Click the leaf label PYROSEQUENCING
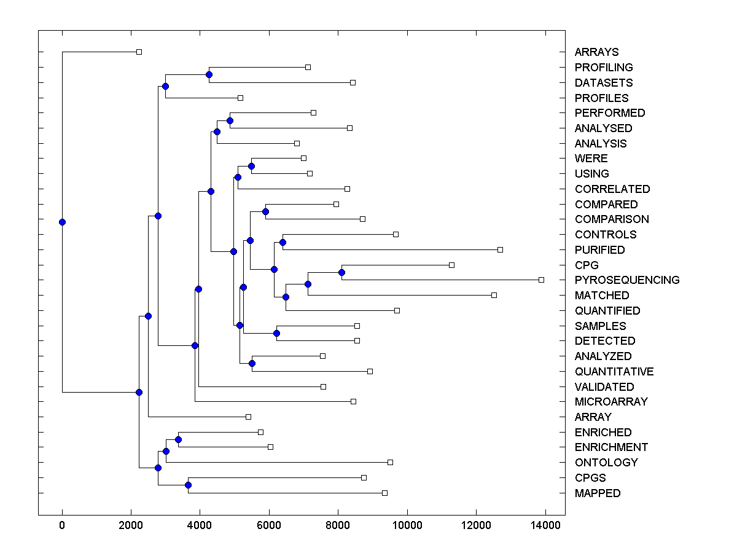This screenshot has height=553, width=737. click(x=626, y=280)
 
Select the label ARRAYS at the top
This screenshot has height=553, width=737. click(x=596, y=52)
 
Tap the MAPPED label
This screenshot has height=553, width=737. click(x=597, y=493)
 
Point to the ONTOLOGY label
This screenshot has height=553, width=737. click(x=606, y=463)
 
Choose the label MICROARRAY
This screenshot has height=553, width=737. click(x=610, y=402)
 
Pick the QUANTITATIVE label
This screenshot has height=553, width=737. click(x=614, y=372)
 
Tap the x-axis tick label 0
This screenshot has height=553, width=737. click(x=62, y=525)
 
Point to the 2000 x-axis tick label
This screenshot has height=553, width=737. click(x=131, y=525)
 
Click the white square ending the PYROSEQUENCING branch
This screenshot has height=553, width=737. click(x=541, y=280)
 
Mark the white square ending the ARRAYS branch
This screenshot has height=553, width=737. click(x=139, y=52)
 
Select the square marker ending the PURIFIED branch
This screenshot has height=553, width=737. click(x=500, y=249)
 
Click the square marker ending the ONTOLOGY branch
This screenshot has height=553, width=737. click(x=390, y=462)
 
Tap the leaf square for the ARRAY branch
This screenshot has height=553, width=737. click(x=248, y=417)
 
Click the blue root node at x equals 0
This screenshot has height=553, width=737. click(x=62, y=222)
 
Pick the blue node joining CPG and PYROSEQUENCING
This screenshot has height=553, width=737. click(x=341, y=272)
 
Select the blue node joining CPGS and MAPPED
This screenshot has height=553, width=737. click(x=188, y=485)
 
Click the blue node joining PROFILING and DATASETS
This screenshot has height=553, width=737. click(x=209, y=74)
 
